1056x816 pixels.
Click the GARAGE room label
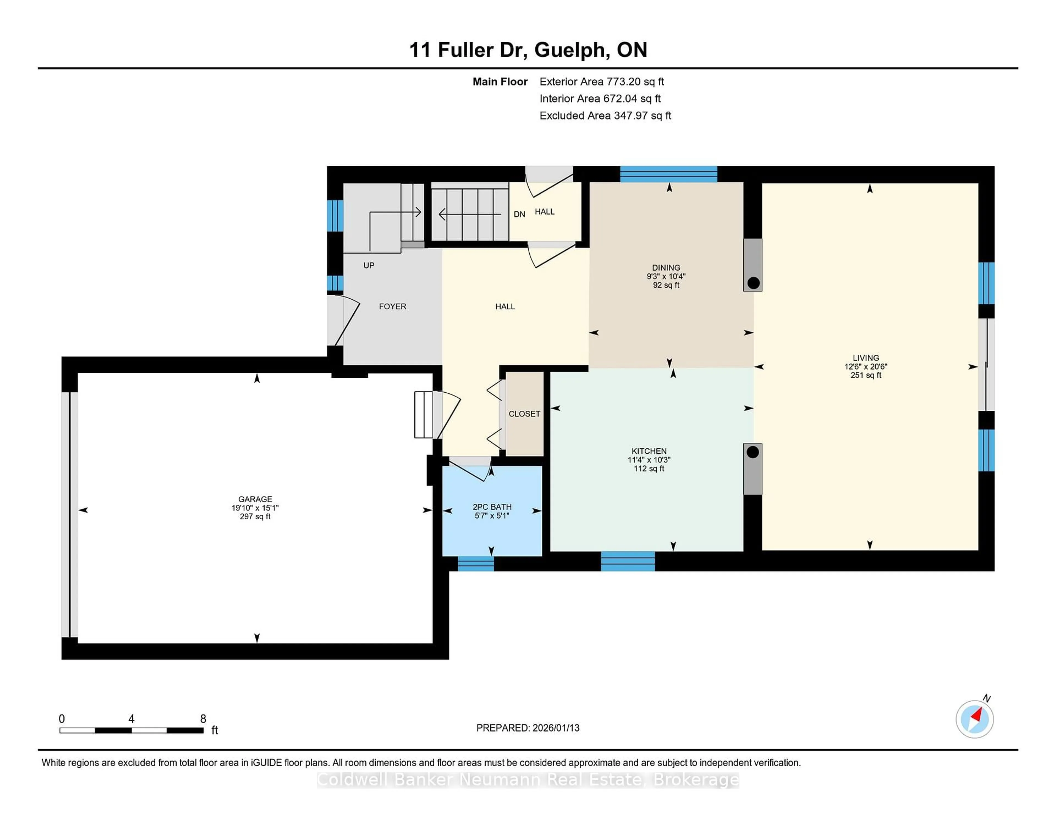pos(255,499)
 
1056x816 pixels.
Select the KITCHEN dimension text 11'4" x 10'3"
pos(649,460)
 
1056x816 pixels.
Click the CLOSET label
pos(524,414)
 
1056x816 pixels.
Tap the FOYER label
pos(392,307)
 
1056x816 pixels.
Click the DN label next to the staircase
pos(519,214)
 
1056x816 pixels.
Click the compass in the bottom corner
pos(974,719)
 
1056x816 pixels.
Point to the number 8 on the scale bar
pos(203,719)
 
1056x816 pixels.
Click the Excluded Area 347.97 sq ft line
pos(605,115)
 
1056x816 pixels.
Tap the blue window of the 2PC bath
pos(476,564)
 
